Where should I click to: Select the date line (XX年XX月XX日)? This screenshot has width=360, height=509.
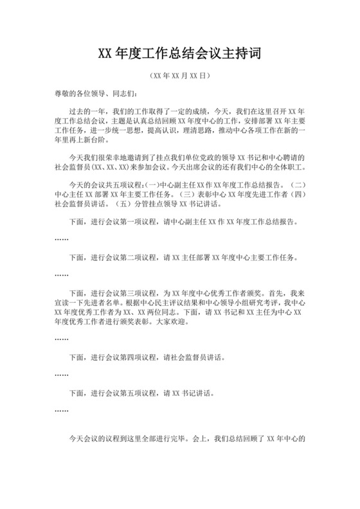point(179,75)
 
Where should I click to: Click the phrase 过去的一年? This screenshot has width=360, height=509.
point(87,111)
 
